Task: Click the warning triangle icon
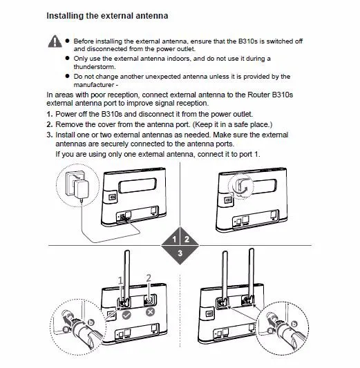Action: (55, 41)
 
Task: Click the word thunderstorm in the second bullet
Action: (95, 67)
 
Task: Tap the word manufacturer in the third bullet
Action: (94, 85)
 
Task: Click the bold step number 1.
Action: (49, 115)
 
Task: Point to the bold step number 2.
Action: (49, 124)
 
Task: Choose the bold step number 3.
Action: (49, 135)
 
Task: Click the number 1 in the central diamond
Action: (174, 239)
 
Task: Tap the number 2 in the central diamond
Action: (187, 239)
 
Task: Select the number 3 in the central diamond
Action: (180, 253)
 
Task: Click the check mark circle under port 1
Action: (126, 315)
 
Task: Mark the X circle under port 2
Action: (151, 312)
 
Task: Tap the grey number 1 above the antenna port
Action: (120, 280)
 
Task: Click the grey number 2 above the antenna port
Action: (149, 278)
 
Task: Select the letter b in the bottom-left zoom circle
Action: (91, 322)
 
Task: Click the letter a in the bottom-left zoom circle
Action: (66, 329)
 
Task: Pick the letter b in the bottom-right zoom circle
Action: (294, 324)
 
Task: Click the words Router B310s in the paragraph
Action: (270, 95)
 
